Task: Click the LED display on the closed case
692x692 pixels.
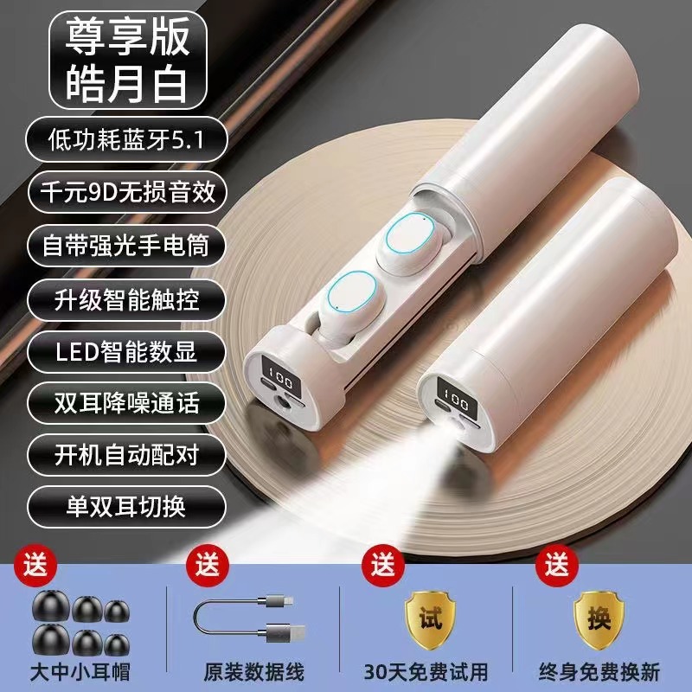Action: (x=455, y=394)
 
